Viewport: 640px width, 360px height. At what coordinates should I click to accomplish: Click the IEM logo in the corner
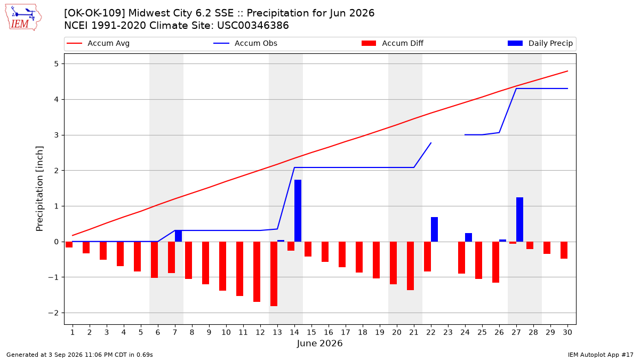[x=23, y=18]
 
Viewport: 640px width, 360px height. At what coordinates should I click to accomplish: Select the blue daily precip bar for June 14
[x=298, y=211]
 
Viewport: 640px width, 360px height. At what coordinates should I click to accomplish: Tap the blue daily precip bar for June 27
[x=519, y=219]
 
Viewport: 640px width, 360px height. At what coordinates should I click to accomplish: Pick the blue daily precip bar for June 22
[x=434, y=229]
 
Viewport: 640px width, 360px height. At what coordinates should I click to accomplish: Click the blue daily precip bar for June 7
[x=178, y=236]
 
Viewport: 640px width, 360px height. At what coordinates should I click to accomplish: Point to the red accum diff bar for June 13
[x=274, y=274]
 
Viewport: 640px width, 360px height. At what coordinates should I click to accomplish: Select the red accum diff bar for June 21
[x=410, y=266]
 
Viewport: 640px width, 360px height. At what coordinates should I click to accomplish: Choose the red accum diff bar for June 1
[x=69, y=245]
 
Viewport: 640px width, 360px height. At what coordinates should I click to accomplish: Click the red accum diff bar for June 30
[x=564, y=250]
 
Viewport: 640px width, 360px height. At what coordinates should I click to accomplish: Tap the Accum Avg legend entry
[x=98, y=43]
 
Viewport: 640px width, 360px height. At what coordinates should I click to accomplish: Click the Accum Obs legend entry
[x=245, y=43]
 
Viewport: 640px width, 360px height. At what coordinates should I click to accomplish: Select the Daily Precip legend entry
[x=540, y=43]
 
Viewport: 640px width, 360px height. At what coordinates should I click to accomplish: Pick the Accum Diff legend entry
[x=393, y=43]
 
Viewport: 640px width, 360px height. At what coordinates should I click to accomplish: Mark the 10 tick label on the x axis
[x=226, y=332]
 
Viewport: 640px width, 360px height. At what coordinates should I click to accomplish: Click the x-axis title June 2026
[x=319, y=343]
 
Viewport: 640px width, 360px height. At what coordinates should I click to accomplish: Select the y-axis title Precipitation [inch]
[x=39, y=189]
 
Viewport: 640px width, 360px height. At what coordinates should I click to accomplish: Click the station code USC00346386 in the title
[x=253, y=26]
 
